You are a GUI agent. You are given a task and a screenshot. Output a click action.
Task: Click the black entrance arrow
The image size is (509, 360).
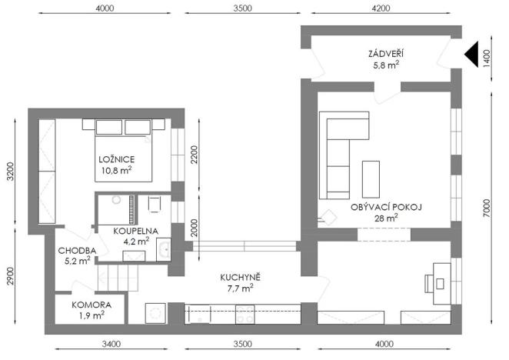471,53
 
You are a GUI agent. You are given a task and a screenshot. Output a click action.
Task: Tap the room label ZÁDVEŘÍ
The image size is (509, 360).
385,53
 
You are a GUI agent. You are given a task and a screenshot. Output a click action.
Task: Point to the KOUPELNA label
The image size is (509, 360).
136,230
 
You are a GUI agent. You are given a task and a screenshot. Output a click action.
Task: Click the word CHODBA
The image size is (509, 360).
78,251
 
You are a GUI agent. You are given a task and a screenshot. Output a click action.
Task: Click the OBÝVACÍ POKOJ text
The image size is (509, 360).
387,207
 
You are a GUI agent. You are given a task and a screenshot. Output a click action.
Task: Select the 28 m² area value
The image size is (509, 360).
386,218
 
